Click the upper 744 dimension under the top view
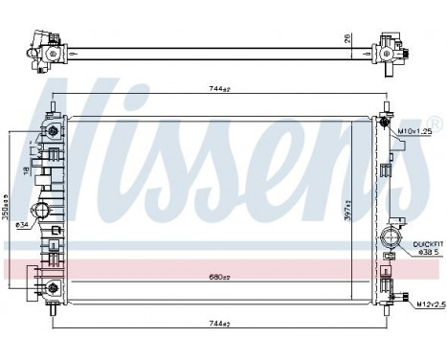tap(220, 89)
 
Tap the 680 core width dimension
tap(220, 277)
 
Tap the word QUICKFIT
tap(427, 245)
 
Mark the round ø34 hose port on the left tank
tap(41, 213)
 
